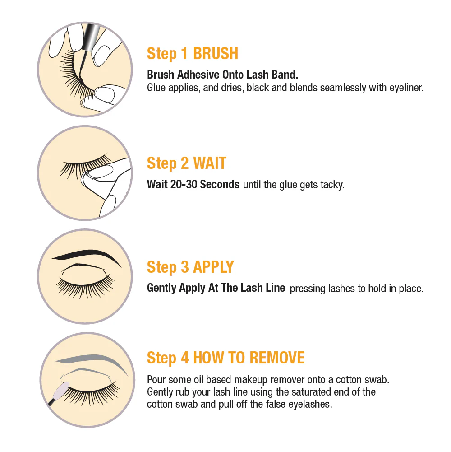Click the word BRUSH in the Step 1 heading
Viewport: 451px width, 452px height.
tap(216, 53)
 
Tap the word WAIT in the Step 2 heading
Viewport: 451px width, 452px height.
tap(210, 163)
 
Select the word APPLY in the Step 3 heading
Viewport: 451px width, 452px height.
tap(213, 267)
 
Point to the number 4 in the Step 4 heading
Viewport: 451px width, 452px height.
tap(185, 358)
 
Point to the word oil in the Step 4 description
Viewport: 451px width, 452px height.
tap(198, 380)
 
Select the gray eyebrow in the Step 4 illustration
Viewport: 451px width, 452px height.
tap(92, 360)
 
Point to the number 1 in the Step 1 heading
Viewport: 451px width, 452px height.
tap(184, 53)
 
